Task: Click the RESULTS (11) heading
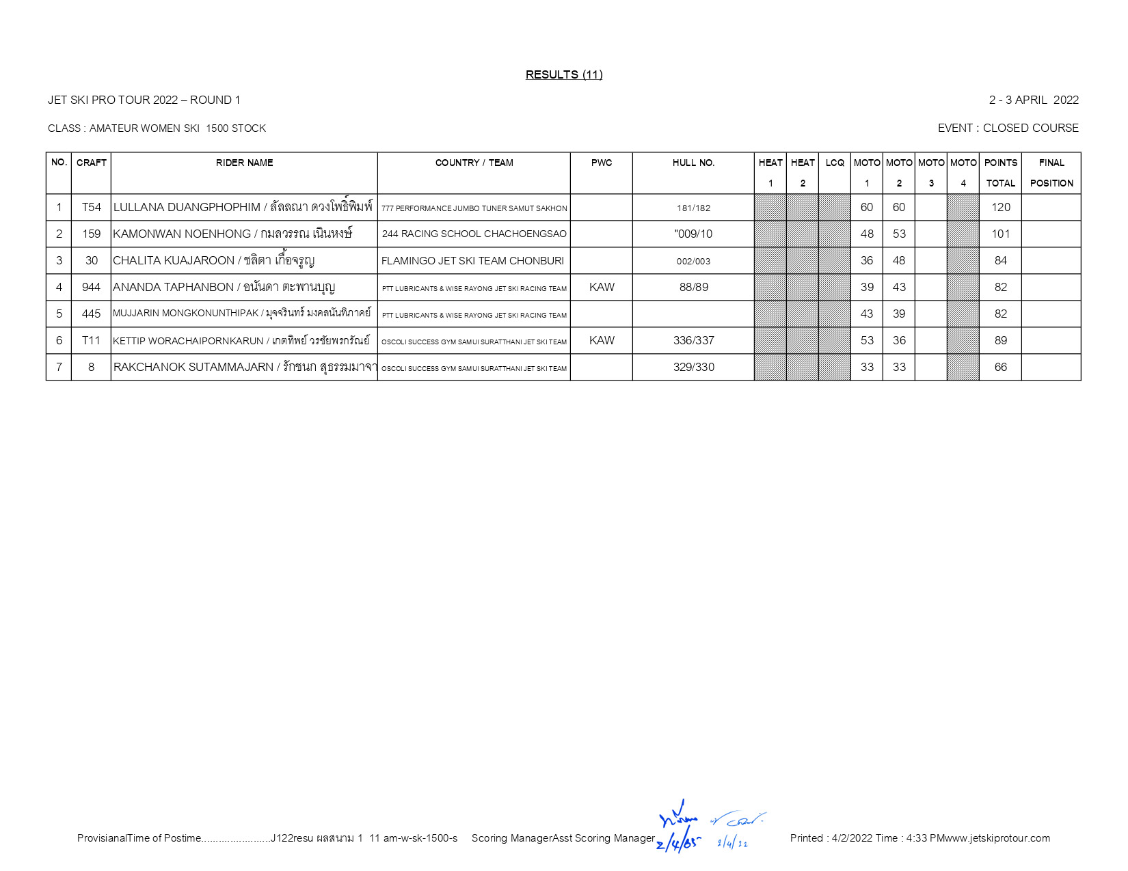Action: tap(563, 74)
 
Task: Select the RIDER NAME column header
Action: tap(244, 163)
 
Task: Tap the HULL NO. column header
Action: tap(693, 163)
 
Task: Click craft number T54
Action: tap(91, 207)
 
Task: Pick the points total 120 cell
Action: tap(1000, 207)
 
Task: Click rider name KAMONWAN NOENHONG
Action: tap(182, 234)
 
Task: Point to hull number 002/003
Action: tap(693, 261)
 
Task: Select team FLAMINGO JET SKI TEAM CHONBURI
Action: tap(472, 260)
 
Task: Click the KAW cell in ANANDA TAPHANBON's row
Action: tap(602, 287)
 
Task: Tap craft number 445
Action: tap(91, 314)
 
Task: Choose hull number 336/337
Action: tap(693, 340)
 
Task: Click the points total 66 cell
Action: tap(1000, 367)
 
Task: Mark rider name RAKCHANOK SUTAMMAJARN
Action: tap(193, 367)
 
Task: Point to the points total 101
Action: tap(1000, 234)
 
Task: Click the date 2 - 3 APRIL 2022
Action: tap(1033, 100)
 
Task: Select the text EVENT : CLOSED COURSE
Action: tap(1008, 128)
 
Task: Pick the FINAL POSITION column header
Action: tap(1051, 173)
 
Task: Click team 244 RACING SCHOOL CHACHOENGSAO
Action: tap(474, 234)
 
